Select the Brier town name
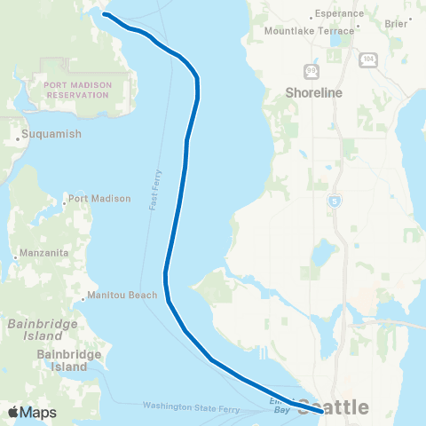point(396,24)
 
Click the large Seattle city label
point(333,408)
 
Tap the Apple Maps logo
point(32,412)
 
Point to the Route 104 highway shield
point(367,59)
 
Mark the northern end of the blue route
point(104,15)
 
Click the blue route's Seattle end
point(320,409)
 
